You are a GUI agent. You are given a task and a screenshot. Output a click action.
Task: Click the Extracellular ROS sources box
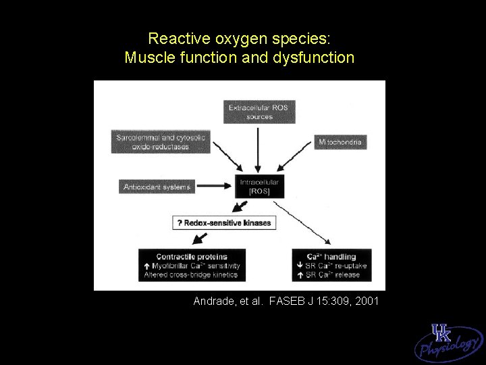coord(260,112)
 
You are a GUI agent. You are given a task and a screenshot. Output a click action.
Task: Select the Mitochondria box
coord(341,142)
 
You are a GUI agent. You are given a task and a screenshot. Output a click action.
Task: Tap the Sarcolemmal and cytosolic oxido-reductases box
coord(161,142)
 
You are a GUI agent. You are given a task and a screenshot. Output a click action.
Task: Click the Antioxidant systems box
coord(157,187)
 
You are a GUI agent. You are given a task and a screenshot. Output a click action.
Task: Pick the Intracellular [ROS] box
coord(260,187)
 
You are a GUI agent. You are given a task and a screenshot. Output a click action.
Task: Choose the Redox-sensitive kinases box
coord(225,222)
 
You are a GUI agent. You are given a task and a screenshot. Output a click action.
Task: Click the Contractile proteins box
coord(191,265)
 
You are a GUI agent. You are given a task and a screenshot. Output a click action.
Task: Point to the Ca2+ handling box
coord(331,265)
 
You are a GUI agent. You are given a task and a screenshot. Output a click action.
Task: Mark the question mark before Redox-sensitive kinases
coord(179,222)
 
